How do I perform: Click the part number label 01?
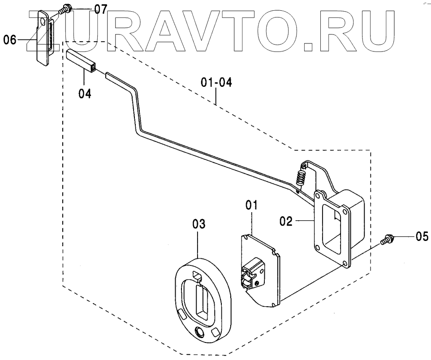pyautogui.click(x=251, y=206)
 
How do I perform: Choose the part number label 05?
pyautogui.click(x=422, y=236)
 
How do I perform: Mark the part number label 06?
pyautogui.click(x=10, y=40)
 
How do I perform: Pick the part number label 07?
pyautogui.click(x=100, y=8)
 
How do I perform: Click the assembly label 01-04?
pyautogui.click(x=216, y=82)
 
